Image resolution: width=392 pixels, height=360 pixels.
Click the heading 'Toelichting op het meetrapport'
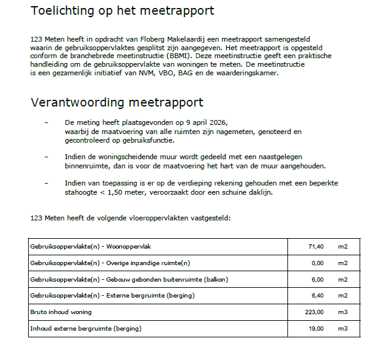[x=122, y=10]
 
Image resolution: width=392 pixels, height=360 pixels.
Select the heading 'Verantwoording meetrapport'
[x=117, y=102]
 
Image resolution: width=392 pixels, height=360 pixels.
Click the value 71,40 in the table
[x=316, y=246]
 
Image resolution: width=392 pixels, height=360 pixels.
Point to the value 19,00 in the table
[x=316, y=329]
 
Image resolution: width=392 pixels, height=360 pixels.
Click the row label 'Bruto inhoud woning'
[x=61, y=312]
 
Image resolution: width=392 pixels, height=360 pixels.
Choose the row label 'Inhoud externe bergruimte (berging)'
[x=86, y=329]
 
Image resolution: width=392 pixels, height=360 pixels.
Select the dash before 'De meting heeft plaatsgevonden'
[x=47, y=122]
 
